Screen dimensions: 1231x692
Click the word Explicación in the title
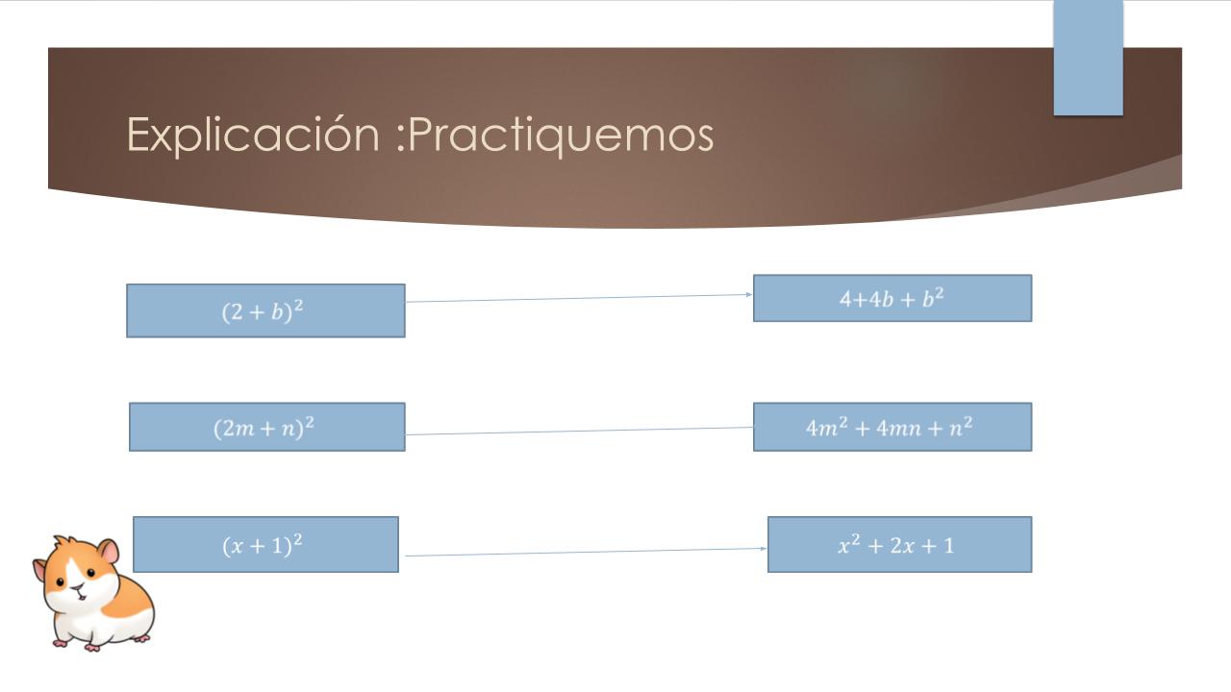coord(253,136)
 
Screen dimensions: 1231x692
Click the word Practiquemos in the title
coord(561,136)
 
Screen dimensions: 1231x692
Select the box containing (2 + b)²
coord(266,310)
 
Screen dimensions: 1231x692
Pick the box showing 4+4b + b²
coord(892,298)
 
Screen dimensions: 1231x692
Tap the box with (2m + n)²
coord(267,428)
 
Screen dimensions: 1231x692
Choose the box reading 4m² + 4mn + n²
coord(892,428)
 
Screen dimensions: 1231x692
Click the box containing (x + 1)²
coord(266,544)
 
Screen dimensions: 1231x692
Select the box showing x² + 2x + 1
coord(899,544)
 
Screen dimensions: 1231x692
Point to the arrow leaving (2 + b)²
coord(579,298)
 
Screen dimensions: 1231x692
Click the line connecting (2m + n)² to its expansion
coord(579,432)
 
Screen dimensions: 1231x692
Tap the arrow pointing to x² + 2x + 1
coord(586,552)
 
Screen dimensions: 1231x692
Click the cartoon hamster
coord(93,593)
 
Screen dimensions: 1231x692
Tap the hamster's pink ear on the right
coord(109,551)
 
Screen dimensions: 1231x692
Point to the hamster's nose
coord(79,587)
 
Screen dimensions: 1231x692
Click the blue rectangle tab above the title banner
coord(1088,58)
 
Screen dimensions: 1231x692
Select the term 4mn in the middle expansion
coord(898,429)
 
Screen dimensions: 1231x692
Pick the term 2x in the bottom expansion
coord(902,546)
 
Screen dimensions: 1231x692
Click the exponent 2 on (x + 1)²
coord(297,539)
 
